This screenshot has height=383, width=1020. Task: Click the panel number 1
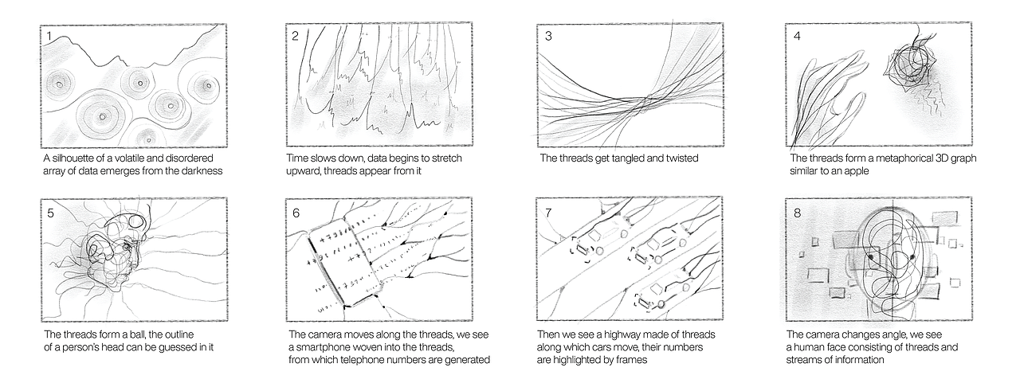coord(49,37)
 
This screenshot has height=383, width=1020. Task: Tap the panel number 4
coord(797,36)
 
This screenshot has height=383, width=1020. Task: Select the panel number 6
coord(296,213)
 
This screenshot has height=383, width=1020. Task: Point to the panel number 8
coord(797,213)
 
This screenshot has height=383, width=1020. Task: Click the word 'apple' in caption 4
coord(856,171)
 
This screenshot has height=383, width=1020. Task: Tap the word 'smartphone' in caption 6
coord(322,347)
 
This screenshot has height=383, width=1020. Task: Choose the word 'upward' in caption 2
coord(303,171)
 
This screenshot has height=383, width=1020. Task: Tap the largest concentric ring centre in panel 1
coord(102,117)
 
